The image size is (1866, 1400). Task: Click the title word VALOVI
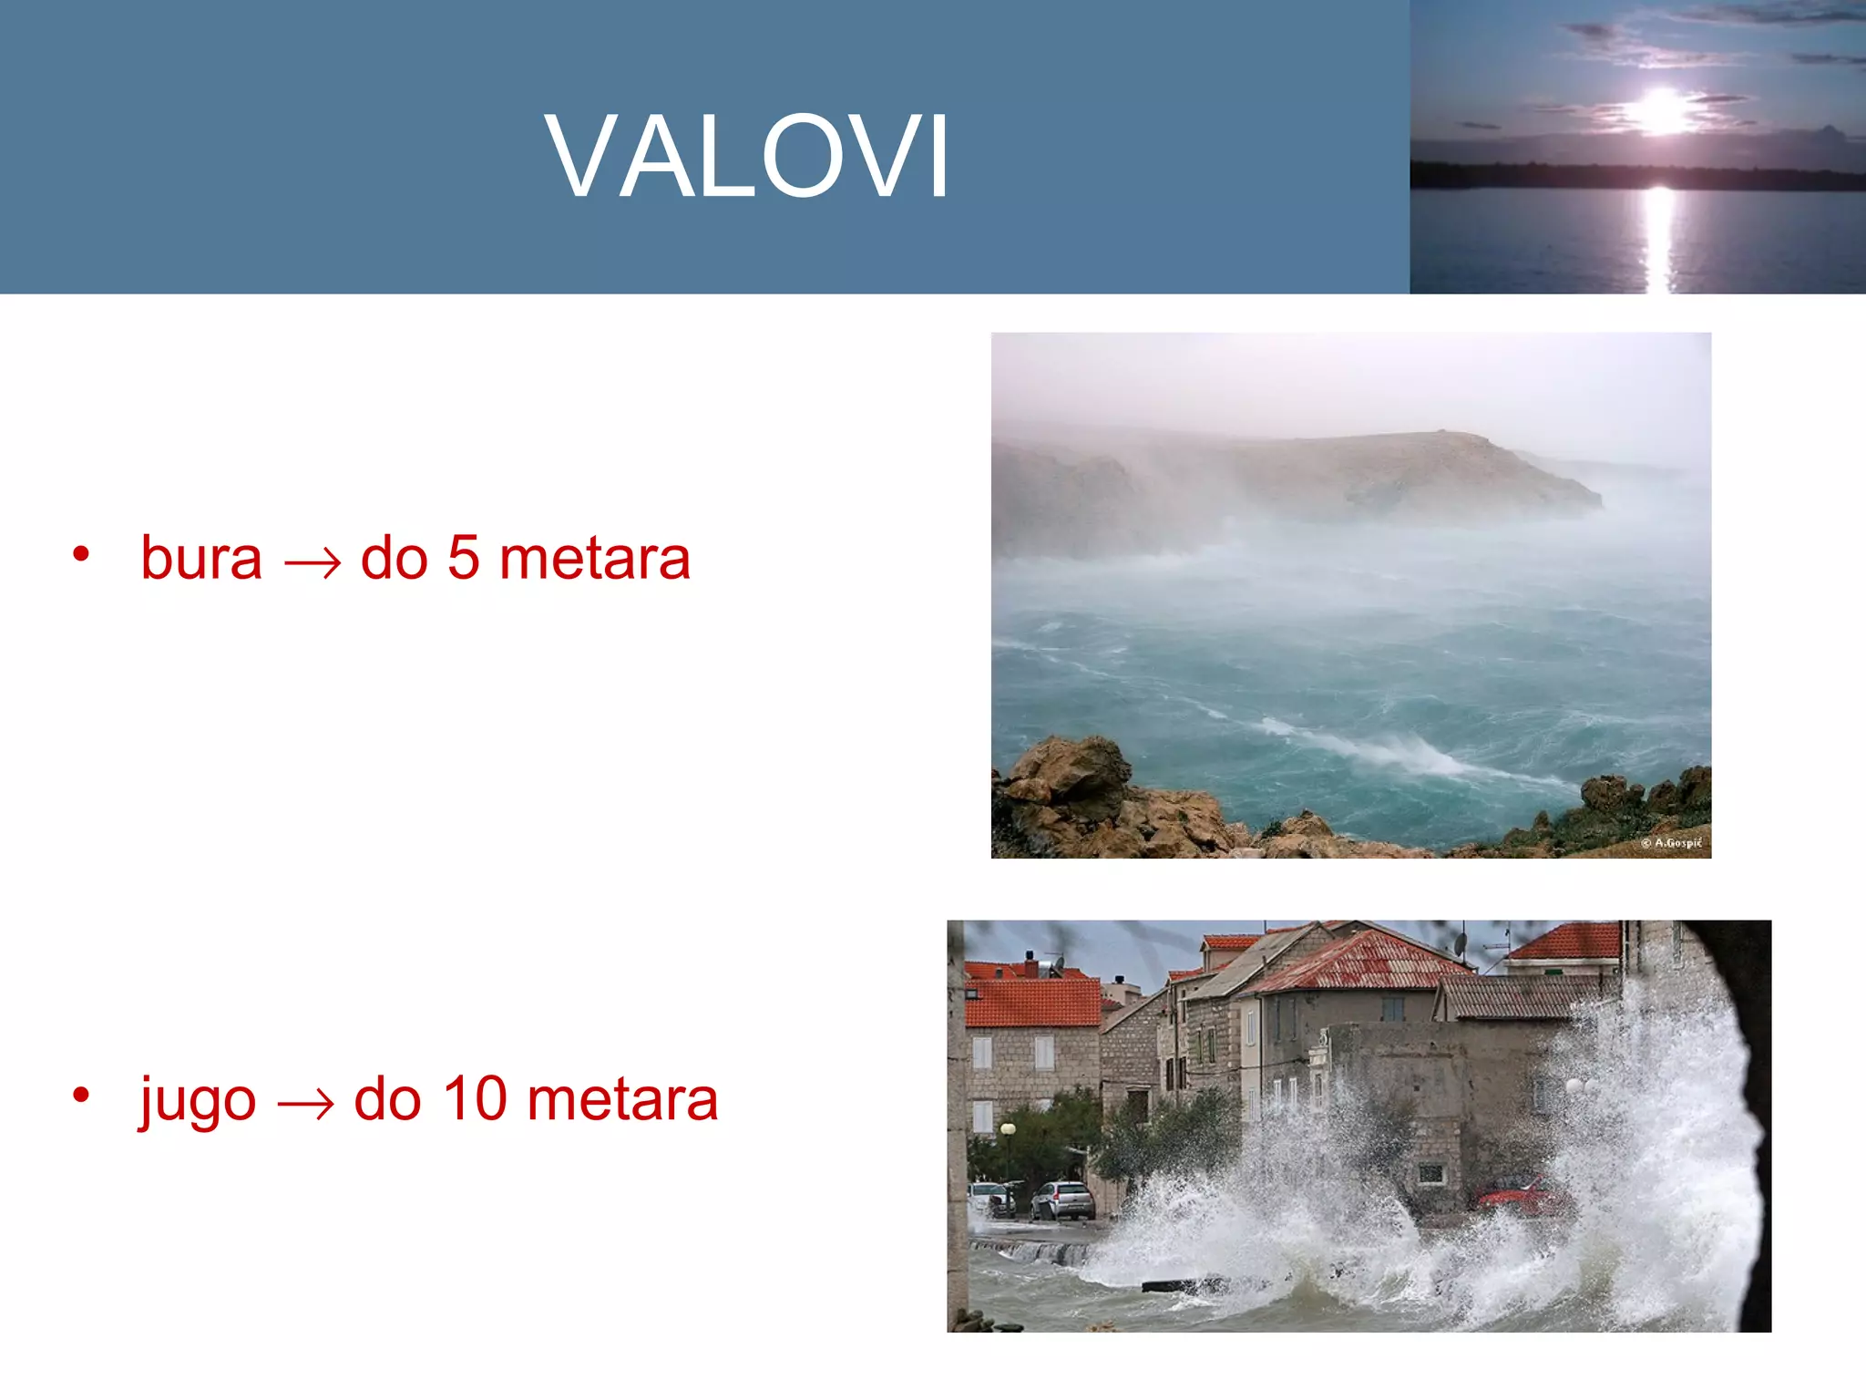(x=747, y=155)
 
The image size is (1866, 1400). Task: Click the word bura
(x=201, y=558)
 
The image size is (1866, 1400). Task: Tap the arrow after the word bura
(x=313, y=563)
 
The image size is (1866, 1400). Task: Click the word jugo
(x=198, y=1101)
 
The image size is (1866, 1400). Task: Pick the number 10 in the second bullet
(x=475, y=1098)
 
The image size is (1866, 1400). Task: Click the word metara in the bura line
(x=595, y=558)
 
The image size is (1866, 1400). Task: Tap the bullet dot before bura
(x=81, y=553)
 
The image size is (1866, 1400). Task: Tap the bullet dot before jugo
(x=81, y=1095)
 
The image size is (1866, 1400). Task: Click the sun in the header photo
(x=1662, y=111)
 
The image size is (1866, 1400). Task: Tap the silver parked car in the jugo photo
(x=1062, y=1199)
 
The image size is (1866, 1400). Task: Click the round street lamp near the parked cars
(x=1008, y=1130)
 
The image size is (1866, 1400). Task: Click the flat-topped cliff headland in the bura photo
(x=1421, y=465)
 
